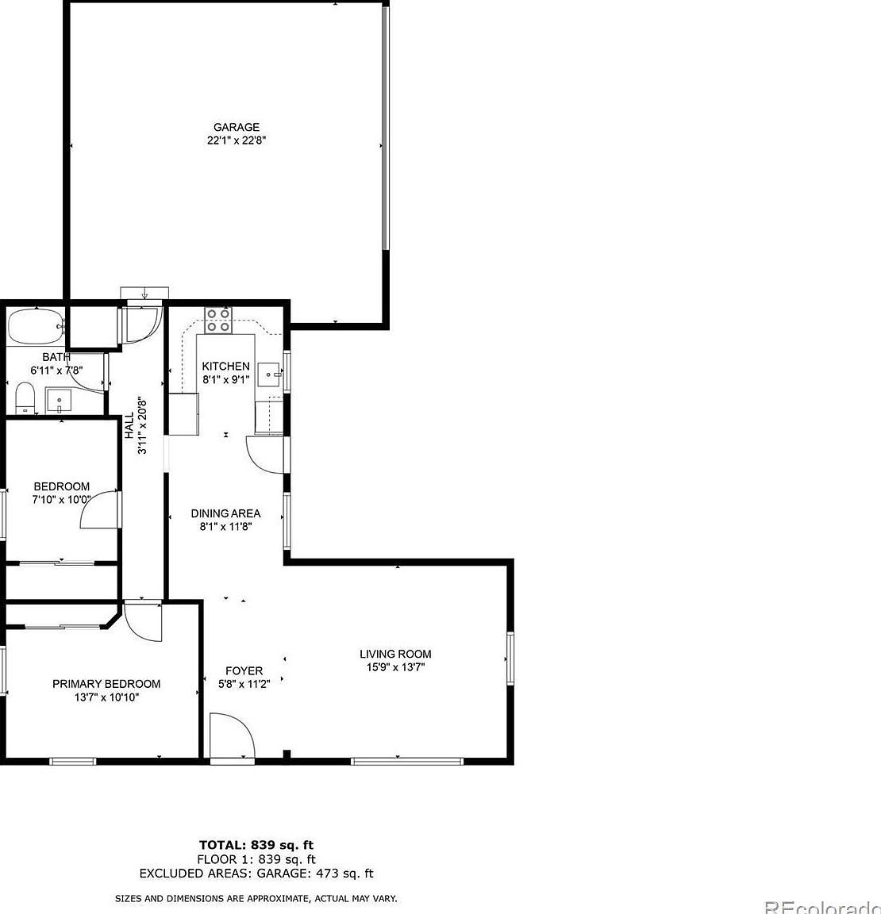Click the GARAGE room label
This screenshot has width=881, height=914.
236,127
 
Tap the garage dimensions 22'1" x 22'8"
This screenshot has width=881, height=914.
236,140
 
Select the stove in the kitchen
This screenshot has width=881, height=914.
218,320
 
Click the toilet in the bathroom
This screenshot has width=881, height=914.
25,397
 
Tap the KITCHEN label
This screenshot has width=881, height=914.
225,366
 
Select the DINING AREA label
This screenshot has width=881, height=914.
225,513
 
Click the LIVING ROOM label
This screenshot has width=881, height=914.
395,654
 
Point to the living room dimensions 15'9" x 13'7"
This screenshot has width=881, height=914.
395,667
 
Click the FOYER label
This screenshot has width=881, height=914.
244,670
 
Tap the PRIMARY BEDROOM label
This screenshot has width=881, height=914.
106,684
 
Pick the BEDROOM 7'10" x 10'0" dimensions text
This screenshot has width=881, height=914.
61,500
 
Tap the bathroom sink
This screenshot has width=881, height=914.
57,400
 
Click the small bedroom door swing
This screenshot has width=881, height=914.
99,509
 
